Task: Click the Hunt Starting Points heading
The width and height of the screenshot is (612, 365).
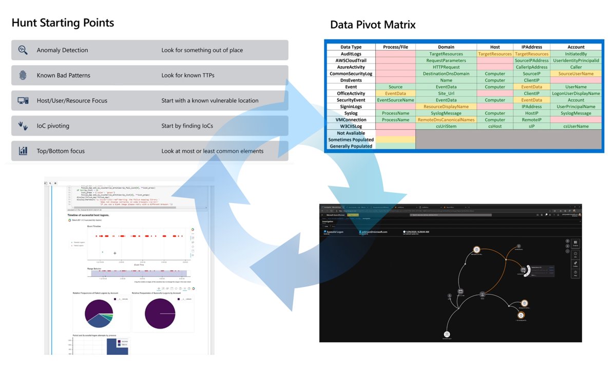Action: click(63, 23)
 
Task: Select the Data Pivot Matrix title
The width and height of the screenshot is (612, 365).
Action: click(373, 25)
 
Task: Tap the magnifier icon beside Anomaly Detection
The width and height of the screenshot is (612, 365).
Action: click(23, 50)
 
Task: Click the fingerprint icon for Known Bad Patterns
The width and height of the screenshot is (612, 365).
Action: click(23, 75)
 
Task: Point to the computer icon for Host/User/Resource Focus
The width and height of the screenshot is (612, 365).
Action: click(23, 100)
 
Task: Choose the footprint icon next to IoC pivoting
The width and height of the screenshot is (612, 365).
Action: click(23, 126)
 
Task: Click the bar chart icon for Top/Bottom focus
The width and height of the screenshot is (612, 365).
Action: click(23, 151)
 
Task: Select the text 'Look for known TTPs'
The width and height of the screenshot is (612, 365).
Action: click(187, 75)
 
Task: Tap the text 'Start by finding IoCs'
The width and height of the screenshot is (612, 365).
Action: click(187, 126)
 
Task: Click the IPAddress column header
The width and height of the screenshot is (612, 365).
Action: click(531, 47)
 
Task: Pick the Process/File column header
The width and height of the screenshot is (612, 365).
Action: click(395, 47)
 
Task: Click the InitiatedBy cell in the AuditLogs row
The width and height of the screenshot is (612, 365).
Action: click(576, 53)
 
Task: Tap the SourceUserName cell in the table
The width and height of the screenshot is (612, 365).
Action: click(576, 73)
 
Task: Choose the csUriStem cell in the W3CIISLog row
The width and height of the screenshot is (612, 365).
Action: click(446, 126)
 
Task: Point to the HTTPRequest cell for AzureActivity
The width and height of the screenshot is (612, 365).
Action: click(446, 67)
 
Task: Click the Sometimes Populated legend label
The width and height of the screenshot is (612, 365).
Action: click(351, 139)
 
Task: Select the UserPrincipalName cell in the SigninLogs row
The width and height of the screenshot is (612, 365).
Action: click(576, 107)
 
